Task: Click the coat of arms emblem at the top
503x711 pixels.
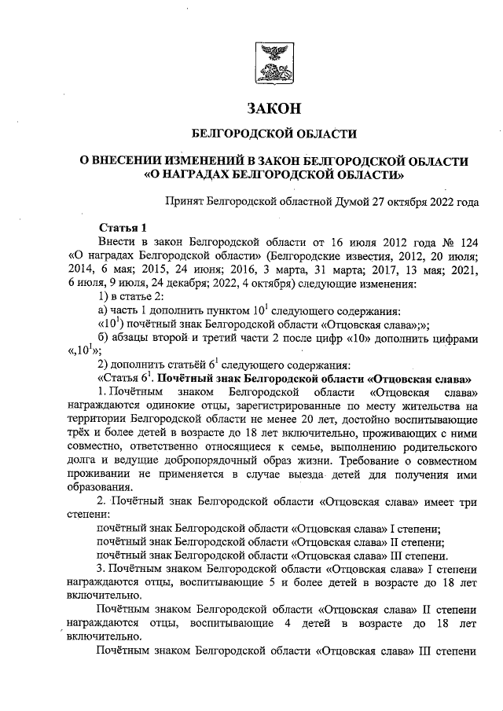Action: (274, 63)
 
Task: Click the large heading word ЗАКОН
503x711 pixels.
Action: (274, 107)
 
